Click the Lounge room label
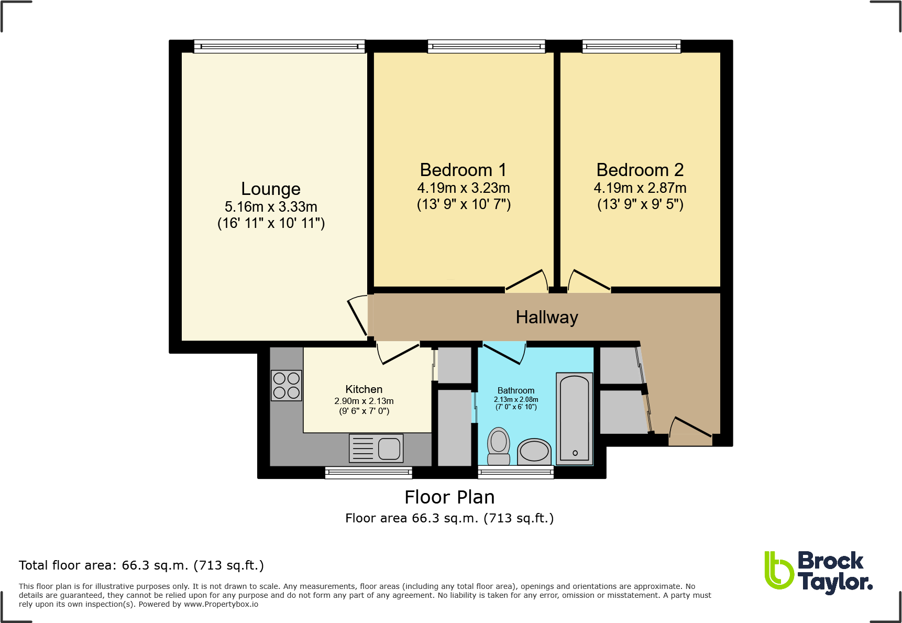[271, 189]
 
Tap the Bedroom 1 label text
[463, 170]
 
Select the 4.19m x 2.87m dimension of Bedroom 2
[640, 188]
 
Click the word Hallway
[547, 318]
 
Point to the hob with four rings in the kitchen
[287, 386]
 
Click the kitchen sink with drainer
[376, 449]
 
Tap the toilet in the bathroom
[499, 446]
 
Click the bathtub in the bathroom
[575, 418]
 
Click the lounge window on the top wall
[279, 47]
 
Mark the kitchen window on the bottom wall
[369, 473]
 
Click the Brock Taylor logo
[818, 572]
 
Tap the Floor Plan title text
[449, 497]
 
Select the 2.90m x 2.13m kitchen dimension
[364, 401]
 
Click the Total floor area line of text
[141, 565]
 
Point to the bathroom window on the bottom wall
[516, 473]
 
